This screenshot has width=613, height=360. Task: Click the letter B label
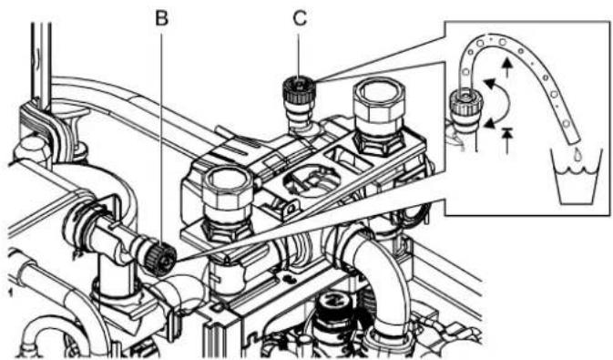tap(161, 18)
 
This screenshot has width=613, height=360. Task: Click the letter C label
tap(300, 18)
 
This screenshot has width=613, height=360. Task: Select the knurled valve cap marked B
tap(160, 259)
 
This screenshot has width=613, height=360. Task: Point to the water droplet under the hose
tap(577, 154)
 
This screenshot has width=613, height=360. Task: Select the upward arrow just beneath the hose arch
tap(507, 67)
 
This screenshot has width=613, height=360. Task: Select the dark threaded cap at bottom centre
tap(335, 309)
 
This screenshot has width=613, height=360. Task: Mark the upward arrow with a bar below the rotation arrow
tap(507, 140)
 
